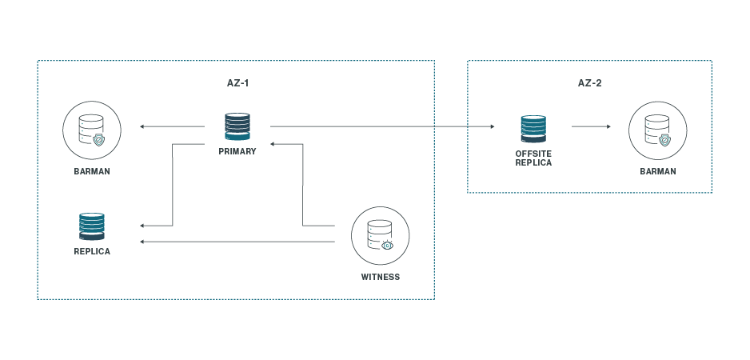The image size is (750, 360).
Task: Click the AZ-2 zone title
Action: [590, 82]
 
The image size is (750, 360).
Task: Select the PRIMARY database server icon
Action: [237, 127]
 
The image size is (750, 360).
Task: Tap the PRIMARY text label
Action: [237, 151]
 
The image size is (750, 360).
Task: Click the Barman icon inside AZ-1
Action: [92, 127]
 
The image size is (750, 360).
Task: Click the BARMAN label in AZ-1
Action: [92, 171]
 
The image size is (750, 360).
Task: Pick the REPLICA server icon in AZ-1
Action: [92, 226]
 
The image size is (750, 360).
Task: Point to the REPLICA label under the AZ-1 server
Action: [92, 251]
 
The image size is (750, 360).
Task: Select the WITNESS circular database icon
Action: [381, 235]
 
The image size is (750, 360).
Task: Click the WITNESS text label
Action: [381, 278]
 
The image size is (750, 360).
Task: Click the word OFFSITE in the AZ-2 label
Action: [534, 154]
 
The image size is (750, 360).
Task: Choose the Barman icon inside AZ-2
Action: [657, 128]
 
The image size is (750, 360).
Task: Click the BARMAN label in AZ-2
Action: [657, 171]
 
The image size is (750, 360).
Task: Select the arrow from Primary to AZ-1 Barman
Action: [172, 126]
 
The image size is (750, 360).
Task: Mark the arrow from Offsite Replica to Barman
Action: [592, 126]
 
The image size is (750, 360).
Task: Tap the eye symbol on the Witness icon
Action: [388, 245]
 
